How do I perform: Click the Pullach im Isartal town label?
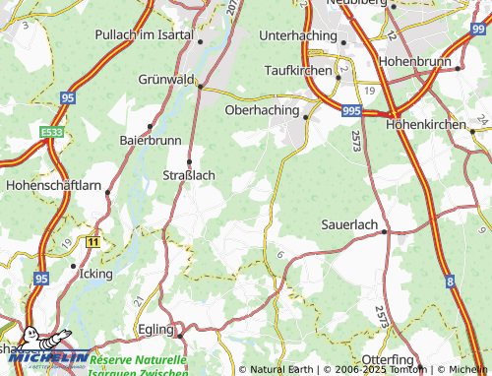(x=144, y=34)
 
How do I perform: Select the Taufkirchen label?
(x=300, y=71)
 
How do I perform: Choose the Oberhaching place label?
(x=262, y=110)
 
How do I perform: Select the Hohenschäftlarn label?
(x=52, y=184)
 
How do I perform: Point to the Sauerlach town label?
(x=349, y=224)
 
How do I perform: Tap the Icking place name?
(x=95, y=273)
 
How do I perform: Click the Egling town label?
(x=154, y=329)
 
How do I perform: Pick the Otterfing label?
(x=389, y=359)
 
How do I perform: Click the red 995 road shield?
(x=352, y=113)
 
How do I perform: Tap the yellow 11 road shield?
(x=92, y=240)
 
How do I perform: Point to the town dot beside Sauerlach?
(x=386, y=232)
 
